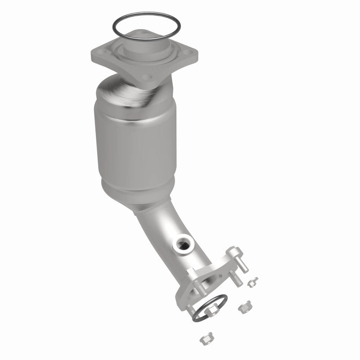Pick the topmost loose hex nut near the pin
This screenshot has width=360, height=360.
coord(252,282)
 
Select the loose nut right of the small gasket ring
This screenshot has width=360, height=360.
coord(244,307)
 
